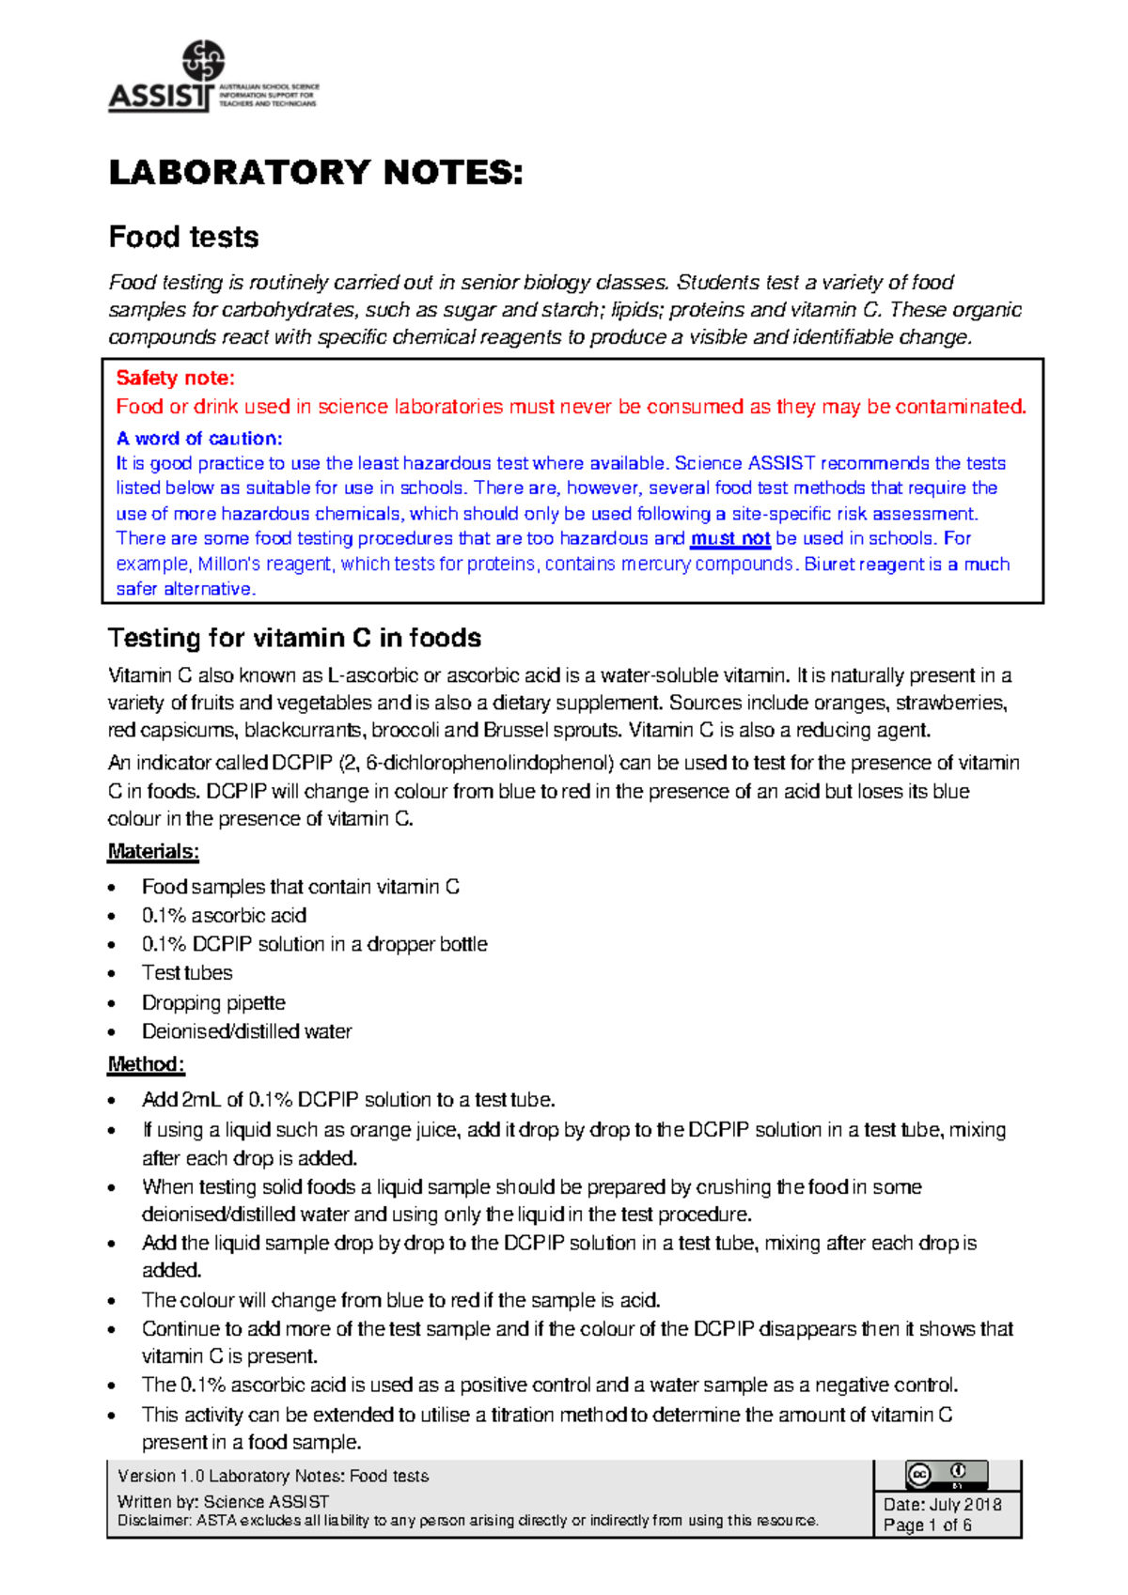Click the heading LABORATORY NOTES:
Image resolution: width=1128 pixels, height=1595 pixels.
pos(315,173)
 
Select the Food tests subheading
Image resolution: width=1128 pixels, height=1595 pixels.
pos(183,237)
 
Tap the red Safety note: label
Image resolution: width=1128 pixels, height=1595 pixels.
pos(175,379)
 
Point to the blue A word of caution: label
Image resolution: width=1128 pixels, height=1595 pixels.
pos(198,439)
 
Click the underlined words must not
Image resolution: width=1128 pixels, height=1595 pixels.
pos(729,539)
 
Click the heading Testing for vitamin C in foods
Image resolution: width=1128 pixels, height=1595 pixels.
pos(294,639)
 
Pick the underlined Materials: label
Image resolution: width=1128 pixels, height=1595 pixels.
pos(153,852)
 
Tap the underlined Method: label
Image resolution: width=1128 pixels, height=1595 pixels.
pos(146,1064)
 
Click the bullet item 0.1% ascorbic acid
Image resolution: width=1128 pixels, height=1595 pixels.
pos(224,916)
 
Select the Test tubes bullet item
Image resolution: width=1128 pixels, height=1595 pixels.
pos(187,973)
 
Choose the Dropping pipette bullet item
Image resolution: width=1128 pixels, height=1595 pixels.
pos(213,1003)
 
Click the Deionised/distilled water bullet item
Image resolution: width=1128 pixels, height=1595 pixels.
pos(246,1031)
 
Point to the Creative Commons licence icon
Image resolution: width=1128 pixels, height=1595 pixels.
pos(946,1475)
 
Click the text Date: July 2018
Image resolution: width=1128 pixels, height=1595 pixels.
pos(942,1504)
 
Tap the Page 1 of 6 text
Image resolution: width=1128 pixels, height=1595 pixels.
pos(927,1525)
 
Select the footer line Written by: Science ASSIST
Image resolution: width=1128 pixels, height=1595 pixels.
pos(223,1501)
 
